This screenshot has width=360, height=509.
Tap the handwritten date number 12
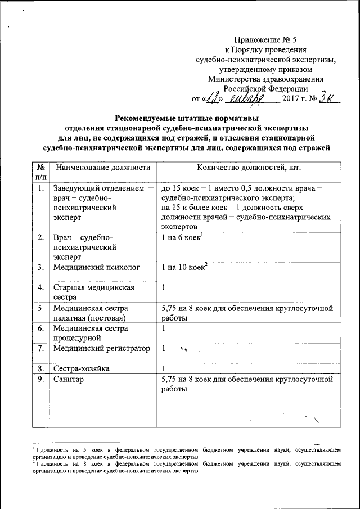coord(214,100)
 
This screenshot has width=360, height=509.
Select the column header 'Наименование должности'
coord(102,167)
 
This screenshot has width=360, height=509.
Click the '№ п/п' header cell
coord(40,172)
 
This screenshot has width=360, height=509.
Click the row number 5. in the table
coord(40,308)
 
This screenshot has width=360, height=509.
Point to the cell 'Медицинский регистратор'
coord(101,349)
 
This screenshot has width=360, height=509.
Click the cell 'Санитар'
coord(68,380)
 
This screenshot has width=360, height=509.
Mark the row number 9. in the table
coord(40,380)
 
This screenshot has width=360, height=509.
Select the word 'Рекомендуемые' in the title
coord(149,118)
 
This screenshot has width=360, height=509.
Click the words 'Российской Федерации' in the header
coord(265,88)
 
